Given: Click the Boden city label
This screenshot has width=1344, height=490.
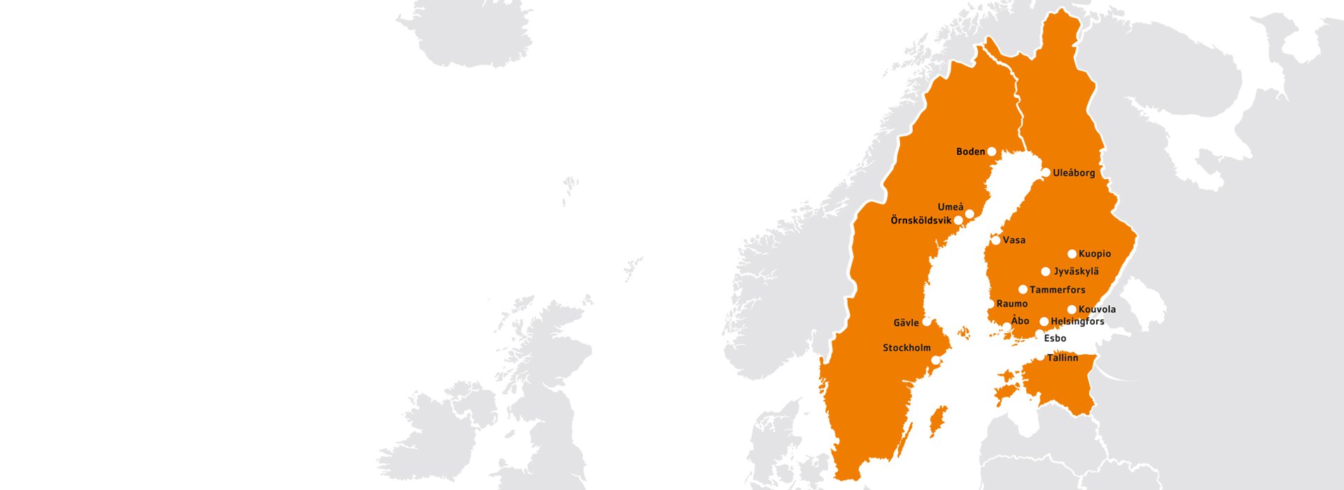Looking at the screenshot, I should pyautogui.click(x=970, y=152).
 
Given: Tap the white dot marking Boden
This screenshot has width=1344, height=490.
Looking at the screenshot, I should pyautogui.click(x=991, y=152).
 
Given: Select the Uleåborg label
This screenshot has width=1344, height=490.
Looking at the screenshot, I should pyautogui.click(x=1074, y=173).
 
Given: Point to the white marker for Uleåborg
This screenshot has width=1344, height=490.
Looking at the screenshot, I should pyautogui.click(x=1046, y=172).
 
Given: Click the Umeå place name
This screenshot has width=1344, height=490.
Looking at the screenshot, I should pyautogui.click(x=950, y=207).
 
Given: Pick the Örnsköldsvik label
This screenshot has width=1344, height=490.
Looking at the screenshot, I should pyautogui.click(x=920, y=220).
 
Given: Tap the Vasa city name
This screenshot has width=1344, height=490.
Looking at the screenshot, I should pyautogui.click(x=1014, y=240).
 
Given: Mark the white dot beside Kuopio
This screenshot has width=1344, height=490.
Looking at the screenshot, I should pyautogui.click(x=1072, y=254).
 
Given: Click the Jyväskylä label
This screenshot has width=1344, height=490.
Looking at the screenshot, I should pyautogui.click(x=1076, y=272).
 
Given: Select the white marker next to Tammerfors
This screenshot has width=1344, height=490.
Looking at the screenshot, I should pyautogui.click(x=1023, y=290).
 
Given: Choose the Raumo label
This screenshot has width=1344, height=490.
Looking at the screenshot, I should pyautogui.click(x=1011, y=304).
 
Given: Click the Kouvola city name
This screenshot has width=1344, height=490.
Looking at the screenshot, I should pyautogui.click(x=1097, y=309).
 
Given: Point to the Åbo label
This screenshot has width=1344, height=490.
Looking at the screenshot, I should pyautogui.click(x=1020, y=321).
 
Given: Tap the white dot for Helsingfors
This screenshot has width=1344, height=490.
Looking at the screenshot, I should pyautogui.click(x=1044, y=322).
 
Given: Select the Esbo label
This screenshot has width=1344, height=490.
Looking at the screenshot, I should pyautogui.click(x=1055, y=339).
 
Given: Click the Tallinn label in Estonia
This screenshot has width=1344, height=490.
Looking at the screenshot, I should pyautogui.click(x=1062, y=358).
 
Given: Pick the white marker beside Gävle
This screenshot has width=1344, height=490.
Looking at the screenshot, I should pyautogui.click(x=927, y=322).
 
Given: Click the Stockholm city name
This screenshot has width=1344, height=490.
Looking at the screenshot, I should pyautogui.click(x=906, y=348).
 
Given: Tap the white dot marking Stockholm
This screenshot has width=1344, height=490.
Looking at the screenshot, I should pyautogui.click(x=935, y=360).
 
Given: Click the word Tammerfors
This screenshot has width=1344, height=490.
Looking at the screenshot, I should pyautogui.click(x=1057, y=290).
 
